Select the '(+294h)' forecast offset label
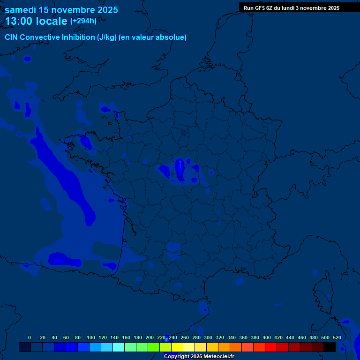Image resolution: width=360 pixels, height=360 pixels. [83, 21]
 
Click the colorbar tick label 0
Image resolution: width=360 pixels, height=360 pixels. [30, 337]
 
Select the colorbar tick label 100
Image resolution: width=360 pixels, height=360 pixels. [91, 337]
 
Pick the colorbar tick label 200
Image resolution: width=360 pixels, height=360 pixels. [150, 337]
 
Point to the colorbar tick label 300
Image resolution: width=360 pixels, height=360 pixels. [208, 337]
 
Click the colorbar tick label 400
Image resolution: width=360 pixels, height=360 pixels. [267, 337]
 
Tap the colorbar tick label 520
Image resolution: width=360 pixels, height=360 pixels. [337, 337]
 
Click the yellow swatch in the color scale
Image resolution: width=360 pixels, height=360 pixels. [177, 347]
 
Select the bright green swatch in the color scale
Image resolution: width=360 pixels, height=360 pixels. [154, 347]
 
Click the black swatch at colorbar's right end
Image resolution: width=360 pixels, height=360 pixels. [330, 347]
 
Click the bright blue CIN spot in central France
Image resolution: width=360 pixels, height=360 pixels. [180, 166]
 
